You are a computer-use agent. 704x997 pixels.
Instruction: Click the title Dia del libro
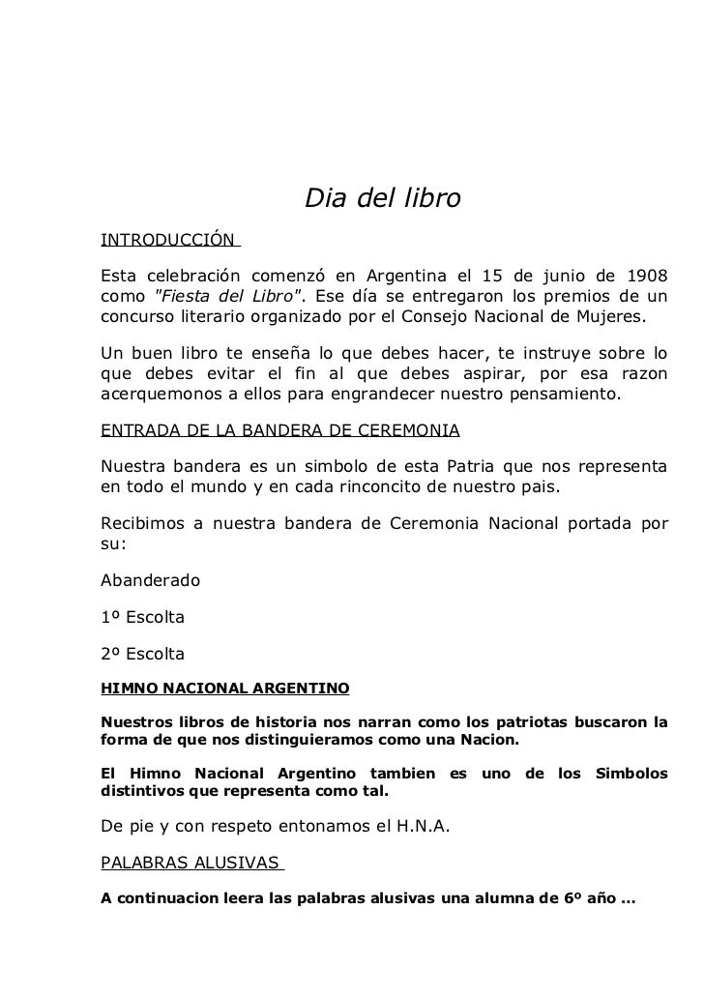pos(383,199)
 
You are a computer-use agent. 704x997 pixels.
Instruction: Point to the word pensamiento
pos(559,395)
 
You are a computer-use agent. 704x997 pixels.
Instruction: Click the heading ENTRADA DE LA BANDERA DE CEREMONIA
pos(280,429)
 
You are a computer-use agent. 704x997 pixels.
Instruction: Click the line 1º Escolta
pos(142,617)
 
